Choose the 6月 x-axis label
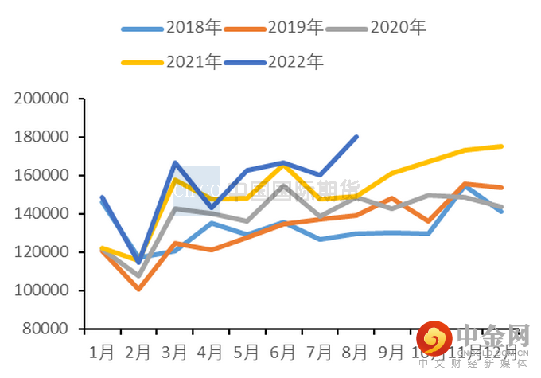click(284, 351)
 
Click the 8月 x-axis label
click(356, 351)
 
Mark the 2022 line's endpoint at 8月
click(356, 137)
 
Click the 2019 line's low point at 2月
click(139, 289)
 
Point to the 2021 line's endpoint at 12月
click(501, 146)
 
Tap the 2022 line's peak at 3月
click(175, 162)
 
